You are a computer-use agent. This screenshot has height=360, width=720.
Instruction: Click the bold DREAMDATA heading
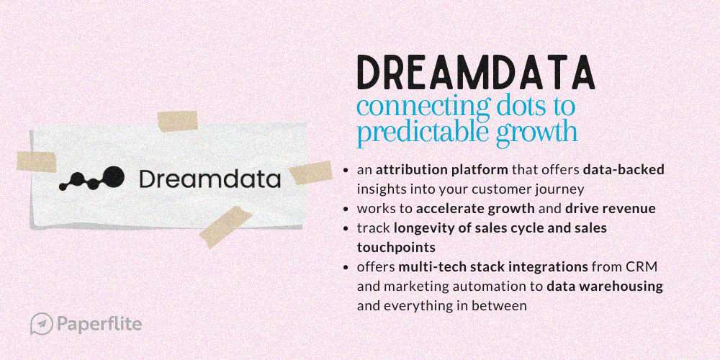pyautogui.click(x=476, y=73)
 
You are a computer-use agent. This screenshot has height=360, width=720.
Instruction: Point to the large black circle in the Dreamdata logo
pyautogui.click(x=114, y=177)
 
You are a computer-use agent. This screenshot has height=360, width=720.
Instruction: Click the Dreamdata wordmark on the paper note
pyautogui.click(x=210, y=179)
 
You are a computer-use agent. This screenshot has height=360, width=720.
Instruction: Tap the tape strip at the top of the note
pyautogui.click(x=177, y=121)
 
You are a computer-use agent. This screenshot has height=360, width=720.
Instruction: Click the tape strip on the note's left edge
pyautogui.click(x=36, y=161)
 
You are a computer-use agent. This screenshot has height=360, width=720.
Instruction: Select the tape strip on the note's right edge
pyautogui.click(x=311, y=173)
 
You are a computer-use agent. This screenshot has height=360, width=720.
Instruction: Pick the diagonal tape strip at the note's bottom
pyautogui.click(x=225, y=227)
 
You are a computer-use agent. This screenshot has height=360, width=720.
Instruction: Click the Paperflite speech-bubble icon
pyautogui.click(x=42, y=324)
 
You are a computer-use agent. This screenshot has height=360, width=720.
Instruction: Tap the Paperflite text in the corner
pyautogui.click(x=99, y=324)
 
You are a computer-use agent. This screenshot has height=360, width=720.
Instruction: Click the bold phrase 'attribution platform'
pyautogui.click(x=442, y=170)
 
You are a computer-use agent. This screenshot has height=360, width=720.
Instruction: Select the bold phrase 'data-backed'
pyautogui.click(x=624, y=170)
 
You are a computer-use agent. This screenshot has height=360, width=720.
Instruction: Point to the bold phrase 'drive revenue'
pyautogui.click(x=611, y=209)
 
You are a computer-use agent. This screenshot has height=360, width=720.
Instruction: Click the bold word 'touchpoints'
pyautogui.click(x=396, y=248)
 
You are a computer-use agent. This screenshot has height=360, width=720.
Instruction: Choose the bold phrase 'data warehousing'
pyautogui.click(x=605, y=287)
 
